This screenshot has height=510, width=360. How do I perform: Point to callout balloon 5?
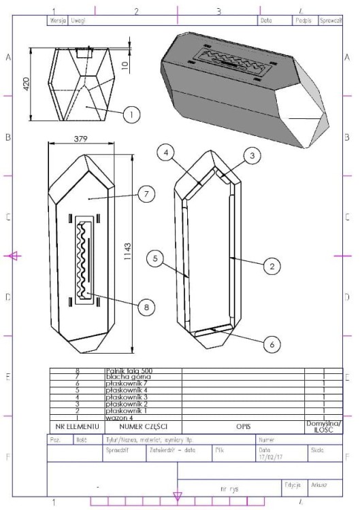click(x=156, y=258)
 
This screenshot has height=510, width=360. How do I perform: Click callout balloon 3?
click(x=252, y=156)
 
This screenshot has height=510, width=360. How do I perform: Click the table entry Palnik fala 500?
click(x=128, y=370)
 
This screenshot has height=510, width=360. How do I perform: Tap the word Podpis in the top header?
click(x=297, y=21)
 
